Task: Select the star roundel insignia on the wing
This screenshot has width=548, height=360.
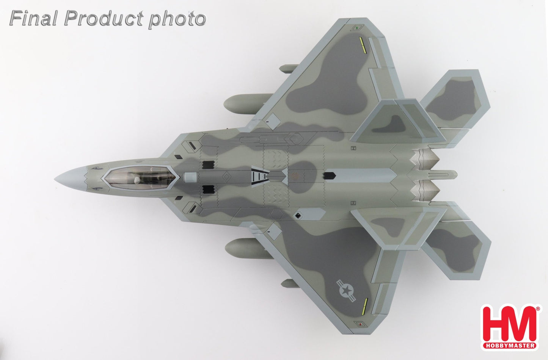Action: point(346,291)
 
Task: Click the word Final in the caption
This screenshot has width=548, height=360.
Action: point(33,19)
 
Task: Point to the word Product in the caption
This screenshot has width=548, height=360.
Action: point(104,19)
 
